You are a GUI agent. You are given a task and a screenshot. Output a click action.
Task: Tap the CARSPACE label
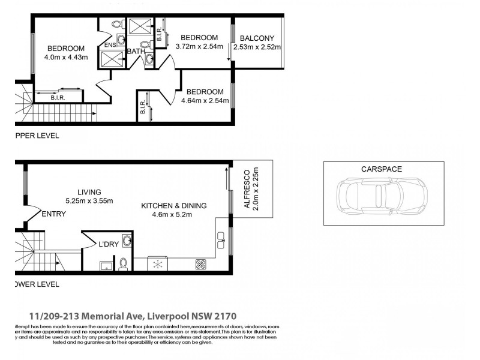(x=381, y=169)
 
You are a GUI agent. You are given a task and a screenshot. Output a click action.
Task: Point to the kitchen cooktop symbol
(x=200, y=263)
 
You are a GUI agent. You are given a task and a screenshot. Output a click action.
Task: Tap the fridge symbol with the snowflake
(x=160, y=264)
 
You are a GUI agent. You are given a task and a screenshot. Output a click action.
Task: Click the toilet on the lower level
(x=123, y=263)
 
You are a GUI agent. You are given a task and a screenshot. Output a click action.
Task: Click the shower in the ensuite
(x=112, y=59)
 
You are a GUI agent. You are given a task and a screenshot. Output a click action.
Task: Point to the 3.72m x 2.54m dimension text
(x=199, y=46)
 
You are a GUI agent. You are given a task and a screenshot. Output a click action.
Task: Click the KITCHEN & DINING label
(x=173, y=206)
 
